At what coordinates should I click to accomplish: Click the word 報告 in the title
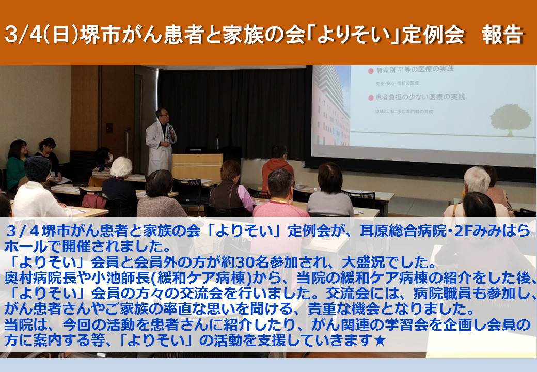[x=503, y=35]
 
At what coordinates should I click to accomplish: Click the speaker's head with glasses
[x=162, y=116]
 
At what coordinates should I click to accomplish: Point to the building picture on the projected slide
[x=331, y=106]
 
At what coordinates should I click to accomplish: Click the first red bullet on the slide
[x=370, y=71]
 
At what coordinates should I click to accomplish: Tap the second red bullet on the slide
[x=370, y=98]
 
